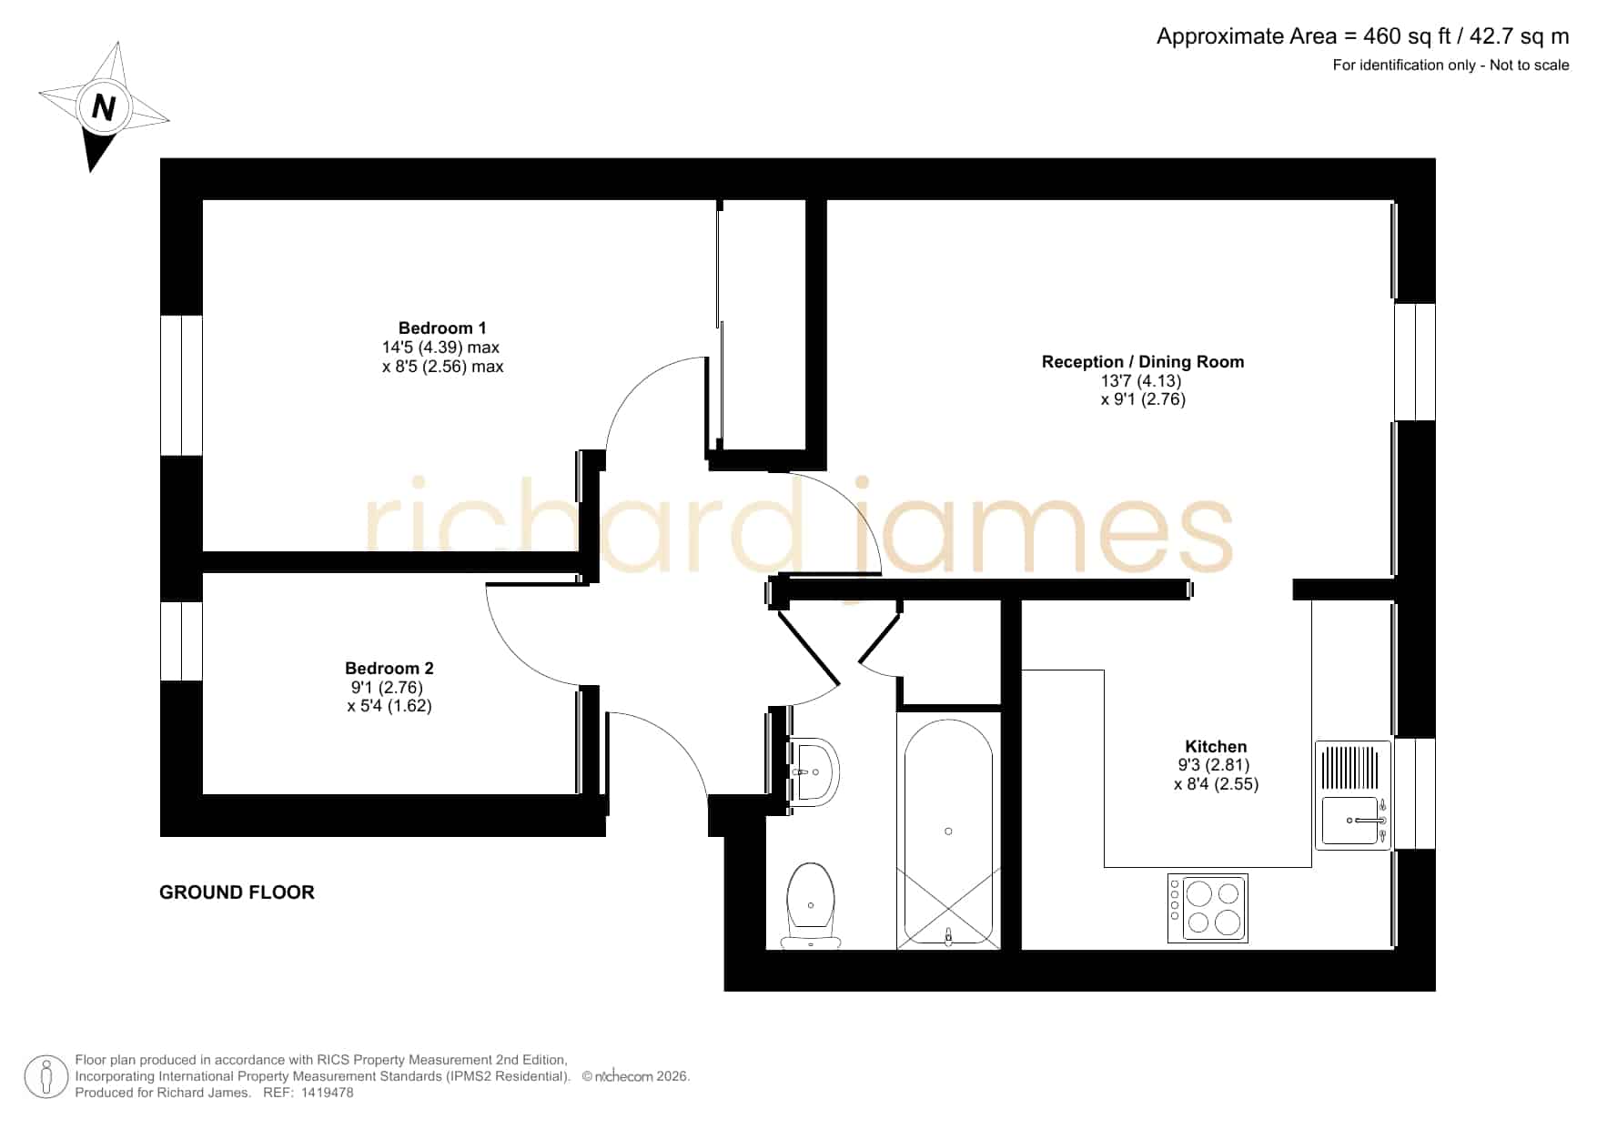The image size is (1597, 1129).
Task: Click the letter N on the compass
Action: pyautogui.click(x=103, y=107)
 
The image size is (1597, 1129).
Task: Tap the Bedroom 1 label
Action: pyautogui.click(x=442, y=328)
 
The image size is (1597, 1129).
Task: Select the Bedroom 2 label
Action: pyautogui.click(x=389, y=669)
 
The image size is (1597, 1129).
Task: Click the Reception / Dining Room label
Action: pyautogui.click(x=1143, y=362)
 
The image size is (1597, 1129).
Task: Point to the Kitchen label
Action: pyautogui.click(x=1216, y=747)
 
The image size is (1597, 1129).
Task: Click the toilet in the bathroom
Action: pyautogui.click(x=810, y=905)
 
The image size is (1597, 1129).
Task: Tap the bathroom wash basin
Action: pyautogui.click(x=814, y=772)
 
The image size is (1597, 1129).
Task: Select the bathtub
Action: pyautogui.click(x=948, y=832)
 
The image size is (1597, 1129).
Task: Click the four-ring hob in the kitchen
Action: pyautogui.click(x=1208, y=908)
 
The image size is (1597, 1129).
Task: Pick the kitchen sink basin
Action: pyautogui.click(x=1351, y=822)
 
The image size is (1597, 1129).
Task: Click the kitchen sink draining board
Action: pyautogui.click(x=1351, y=768)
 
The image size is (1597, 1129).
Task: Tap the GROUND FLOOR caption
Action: pyautogui.click(x=237, y=892)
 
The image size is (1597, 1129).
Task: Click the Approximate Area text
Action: pyautogui.click(x=1362, y=36)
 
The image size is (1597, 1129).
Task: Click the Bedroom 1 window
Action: pyautogui.click(x=181, y=385)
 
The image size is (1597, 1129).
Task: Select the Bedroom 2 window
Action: pyautogui.click(x=181, y=640)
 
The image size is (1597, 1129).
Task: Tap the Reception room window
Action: pyautogui.click(x=1415, y=361)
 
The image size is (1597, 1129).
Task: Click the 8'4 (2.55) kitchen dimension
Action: pyautogui.click(x=1216, y=784)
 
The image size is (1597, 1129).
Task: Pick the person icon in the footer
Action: pyautogui.click(x=46, y=1076)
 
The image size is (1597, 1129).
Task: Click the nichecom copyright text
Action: pyautogui.click(x=636, y=1076)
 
